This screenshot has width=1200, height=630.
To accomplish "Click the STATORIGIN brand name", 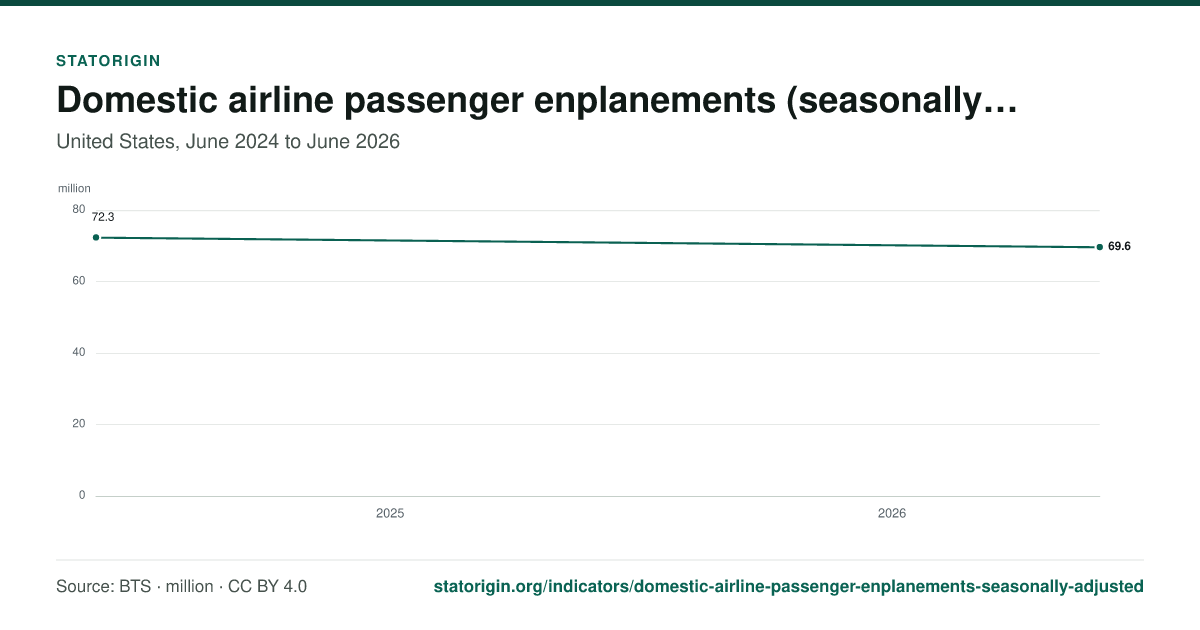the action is pos(108,61).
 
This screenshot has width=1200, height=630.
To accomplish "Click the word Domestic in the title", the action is pos(137,100).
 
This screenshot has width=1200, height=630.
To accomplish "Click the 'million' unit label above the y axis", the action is pos(74,189).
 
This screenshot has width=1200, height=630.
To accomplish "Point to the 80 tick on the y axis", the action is pos(79,209).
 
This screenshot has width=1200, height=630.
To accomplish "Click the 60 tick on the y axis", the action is pos(79,281).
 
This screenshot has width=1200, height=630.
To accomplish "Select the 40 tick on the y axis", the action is pos(79,352).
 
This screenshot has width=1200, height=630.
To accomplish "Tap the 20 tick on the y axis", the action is pos(79,423).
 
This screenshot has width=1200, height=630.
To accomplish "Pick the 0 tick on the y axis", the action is pos(82,495).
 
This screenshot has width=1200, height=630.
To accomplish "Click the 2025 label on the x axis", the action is pos(390,513).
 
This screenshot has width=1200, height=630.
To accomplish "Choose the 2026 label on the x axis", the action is pos(891,513).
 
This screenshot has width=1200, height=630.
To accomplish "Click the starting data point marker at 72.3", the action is pos(96,237).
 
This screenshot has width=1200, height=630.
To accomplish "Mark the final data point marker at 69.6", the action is pos(1100,247).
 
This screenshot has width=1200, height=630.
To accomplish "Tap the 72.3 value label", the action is pos(103,217).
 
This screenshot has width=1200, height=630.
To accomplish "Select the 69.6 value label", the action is pos(1119,246).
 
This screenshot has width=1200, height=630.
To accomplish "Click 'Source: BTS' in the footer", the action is pos(103,587).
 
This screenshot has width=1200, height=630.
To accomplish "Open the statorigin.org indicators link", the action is pos(789,587).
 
